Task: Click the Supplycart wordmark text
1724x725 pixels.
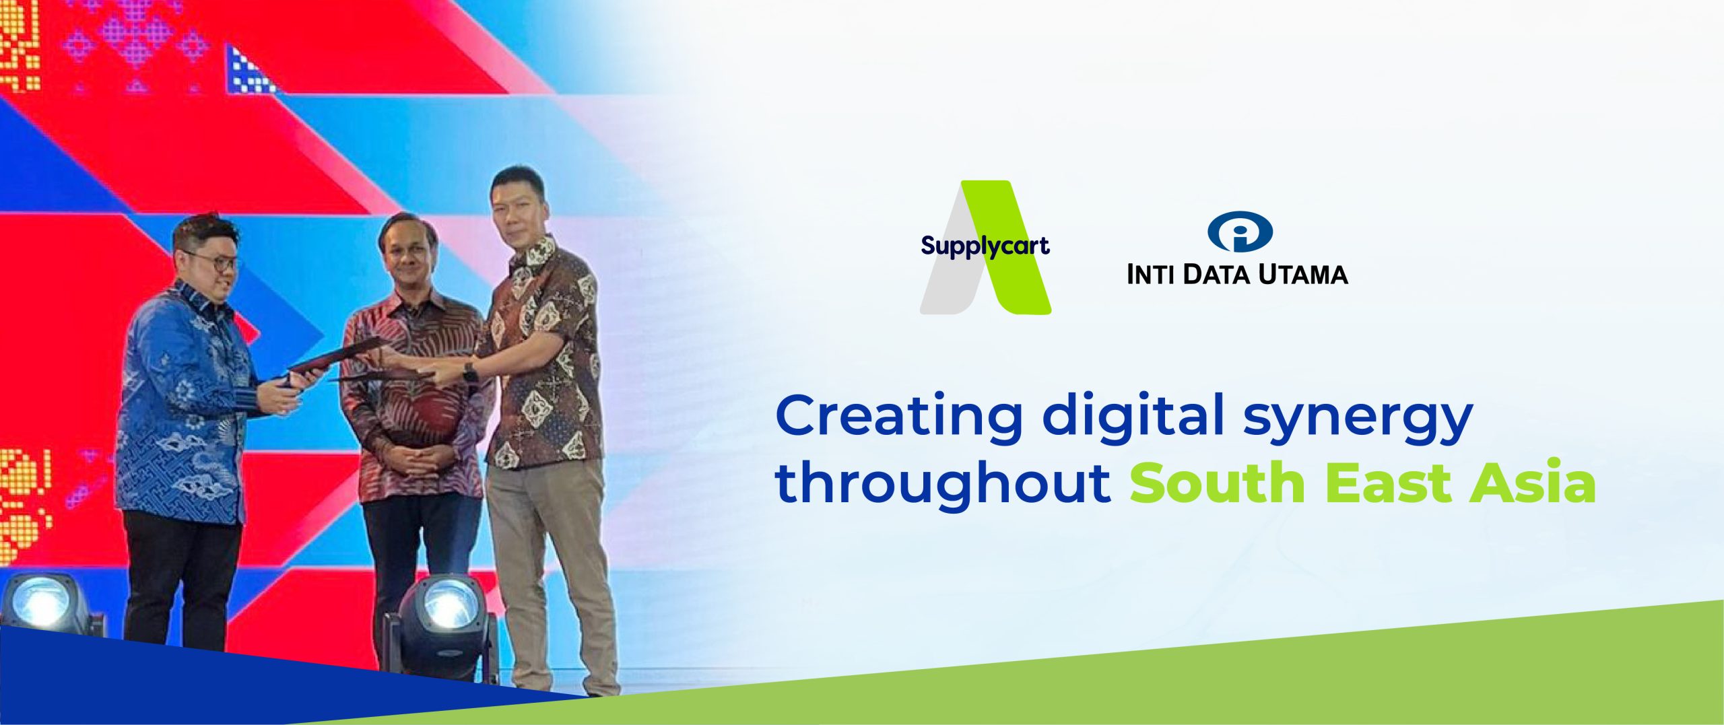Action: (985, 246)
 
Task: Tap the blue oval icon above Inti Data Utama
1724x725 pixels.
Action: (1239, 232)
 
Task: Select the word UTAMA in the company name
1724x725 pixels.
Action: (1303, 275)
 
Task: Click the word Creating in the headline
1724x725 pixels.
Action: (899, 416)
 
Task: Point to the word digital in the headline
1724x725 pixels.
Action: (1133, 416)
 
